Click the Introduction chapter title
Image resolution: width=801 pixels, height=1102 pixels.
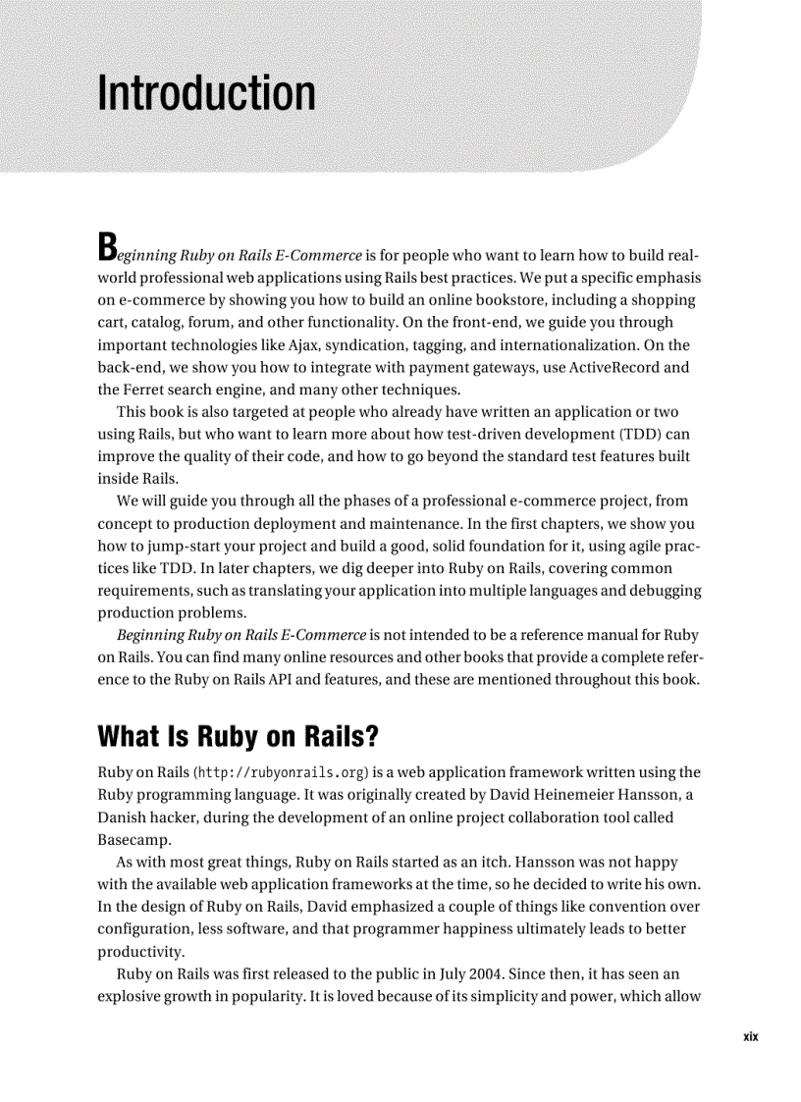(206, 94)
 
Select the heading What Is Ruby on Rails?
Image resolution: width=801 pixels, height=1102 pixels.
(239, 735)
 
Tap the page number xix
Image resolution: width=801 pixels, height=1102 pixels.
(751, 1037)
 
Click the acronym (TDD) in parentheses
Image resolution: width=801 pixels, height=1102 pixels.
(638, 433)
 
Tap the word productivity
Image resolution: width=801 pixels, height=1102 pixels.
(139, 952)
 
